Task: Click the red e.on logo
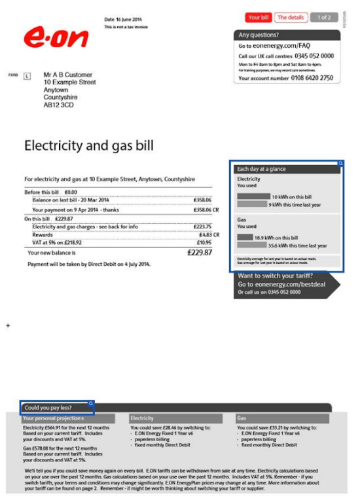pyautogui.click(x=56, y=37)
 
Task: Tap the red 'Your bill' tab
pyautogui.click(x=258, y=18)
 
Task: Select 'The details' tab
pyautogui.click(x=291, y=18)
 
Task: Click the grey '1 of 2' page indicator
pyautogui.click(x=324, y=18)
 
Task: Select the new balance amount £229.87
pyautogui.click(x=199, y=252)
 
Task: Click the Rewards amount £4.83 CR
pyautogui.click(x=209, y=234)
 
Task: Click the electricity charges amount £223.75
pyautogui.click(x=207, y=226)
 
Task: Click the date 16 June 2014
pyautogui.click(x=122, y=20)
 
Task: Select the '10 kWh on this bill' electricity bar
pyautogui.click(x=253, y=196)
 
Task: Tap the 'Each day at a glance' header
pyautogui.click(x=262, y=169)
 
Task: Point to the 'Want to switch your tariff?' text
pyautogui.click(x=275, y=276)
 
